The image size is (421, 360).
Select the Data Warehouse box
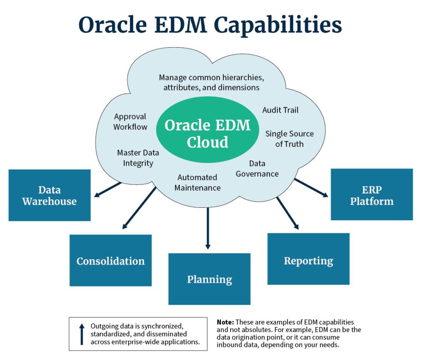pos(49,195)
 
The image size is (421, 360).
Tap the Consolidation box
pos(110,261)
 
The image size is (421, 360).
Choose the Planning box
pos(209,279)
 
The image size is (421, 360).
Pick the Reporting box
pos(308,260)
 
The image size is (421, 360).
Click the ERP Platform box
pos(372,195)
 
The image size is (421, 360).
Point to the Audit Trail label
pos(280,110)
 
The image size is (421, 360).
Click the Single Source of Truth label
pos(289,139)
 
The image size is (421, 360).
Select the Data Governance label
pos(257,169)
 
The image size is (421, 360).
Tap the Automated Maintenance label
pos(197,182)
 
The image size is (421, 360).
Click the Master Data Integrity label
pos(138,158)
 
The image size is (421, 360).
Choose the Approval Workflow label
pos(130,122)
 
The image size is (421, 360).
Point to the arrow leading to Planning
pos(208,228)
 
